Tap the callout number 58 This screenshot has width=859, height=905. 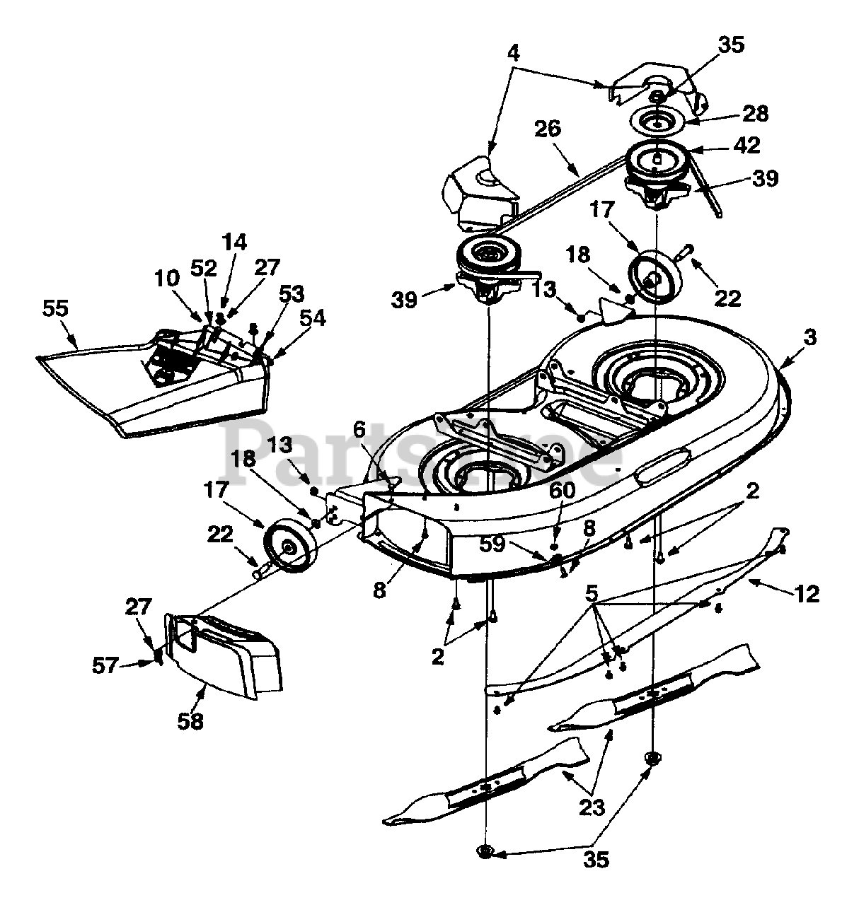[190, 721]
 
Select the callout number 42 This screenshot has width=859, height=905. [747, 146]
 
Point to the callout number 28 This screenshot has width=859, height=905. [755, 113]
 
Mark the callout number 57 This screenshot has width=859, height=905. [105, 665]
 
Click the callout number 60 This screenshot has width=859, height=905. [563, 491]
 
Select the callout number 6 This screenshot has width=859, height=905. [359, 431]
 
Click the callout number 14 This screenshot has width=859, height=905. [235, 243]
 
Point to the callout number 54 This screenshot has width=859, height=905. [312, 319]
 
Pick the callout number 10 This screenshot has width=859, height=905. [167, 279]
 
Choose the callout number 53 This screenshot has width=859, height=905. [292, 294]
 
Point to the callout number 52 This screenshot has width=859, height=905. [203, 269]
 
